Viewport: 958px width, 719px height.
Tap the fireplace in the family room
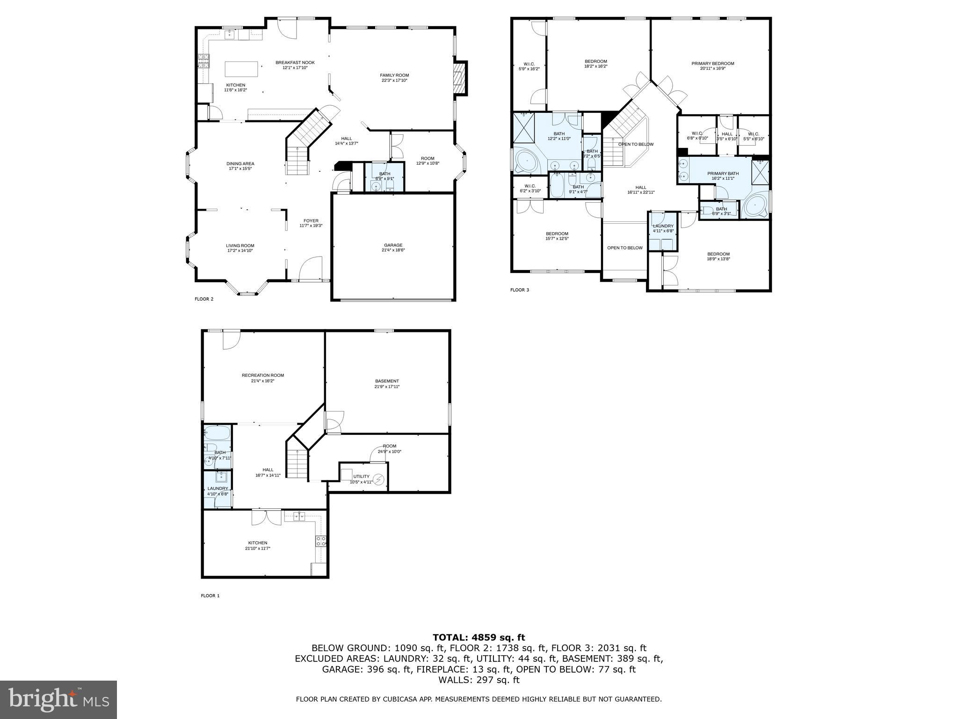(460, 78)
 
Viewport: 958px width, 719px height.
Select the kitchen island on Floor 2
(242, 69)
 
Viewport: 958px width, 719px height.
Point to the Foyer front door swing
(311, 269)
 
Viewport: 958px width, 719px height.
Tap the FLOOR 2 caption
(204, 299)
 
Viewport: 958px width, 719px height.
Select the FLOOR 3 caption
(519, 290)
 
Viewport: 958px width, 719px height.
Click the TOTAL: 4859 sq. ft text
(479, 638)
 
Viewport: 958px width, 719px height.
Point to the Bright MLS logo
(58, 700)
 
